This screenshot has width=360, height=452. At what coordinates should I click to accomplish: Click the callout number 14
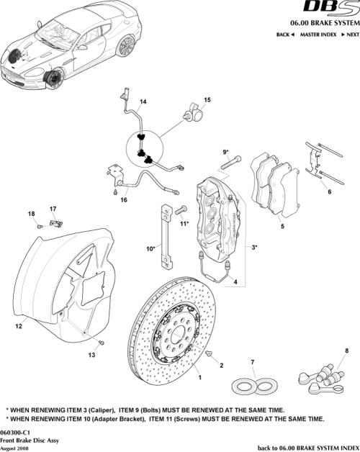[x=143, y=101]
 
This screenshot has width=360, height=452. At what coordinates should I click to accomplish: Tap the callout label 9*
[x=225, y=152]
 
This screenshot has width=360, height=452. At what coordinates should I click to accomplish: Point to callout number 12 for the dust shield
[x=19, y=326]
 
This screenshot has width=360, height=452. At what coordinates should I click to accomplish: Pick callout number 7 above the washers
[x=252, y=361]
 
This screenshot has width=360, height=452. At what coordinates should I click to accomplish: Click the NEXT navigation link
[x=350, y=34]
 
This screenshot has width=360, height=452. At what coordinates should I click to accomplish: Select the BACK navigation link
[x=285, y=34]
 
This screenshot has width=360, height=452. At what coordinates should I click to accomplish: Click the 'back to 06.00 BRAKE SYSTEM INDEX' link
[x=307, y=447]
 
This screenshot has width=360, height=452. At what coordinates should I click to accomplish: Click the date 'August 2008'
[x=17, y=447]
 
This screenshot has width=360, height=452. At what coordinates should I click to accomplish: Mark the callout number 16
[x=124, y=199]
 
